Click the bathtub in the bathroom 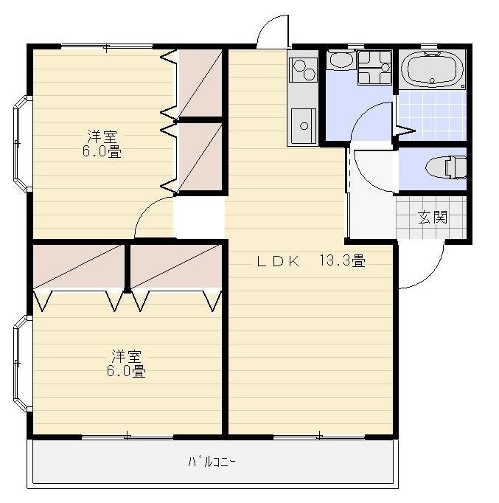pos(432,70)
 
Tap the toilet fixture pos(446,167)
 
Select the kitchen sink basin pos(303,126)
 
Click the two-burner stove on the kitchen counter pos(303,70)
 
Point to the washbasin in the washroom pos(341,60)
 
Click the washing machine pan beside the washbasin pos(374,67)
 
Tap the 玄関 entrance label pos(432,217)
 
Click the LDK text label pos(278,261)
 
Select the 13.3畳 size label pos(342,260)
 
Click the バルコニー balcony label pos(212,462)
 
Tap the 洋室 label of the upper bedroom pos(102,136)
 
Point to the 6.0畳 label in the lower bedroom pos(126,371)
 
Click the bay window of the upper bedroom pos(22,143)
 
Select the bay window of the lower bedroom pos(22,363)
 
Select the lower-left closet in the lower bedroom pos(79,266)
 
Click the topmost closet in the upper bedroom pos(200,83)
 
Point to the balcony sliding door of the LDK pos(319,437)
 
